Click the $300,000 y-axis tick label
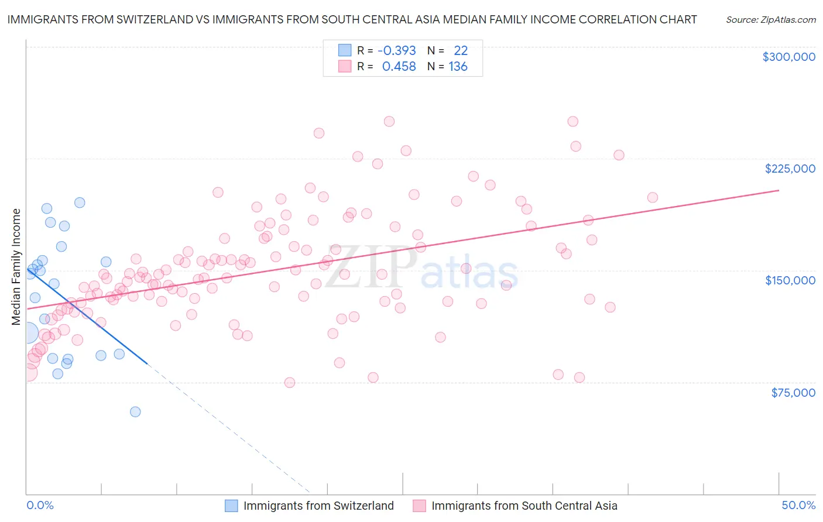788,57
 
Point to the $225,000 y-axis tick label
790,169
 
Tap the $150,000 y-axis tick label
790,280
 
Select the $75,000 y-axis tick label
793,393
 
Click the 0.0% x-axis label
40,505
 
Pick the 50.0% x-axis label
798,505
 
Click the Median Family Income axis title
16,267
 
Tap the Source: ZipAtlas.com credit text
770,19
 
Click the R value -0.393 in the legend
397,51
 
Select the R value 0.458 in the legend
399,67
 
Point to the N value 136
458,67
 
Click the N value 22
461,51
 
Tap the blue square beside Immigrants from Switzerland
232,506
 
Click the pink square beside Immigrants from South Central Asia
419,506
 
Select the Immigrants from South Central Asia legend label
524,506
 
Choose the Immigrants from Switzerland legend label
318,506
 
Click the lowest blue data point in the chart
135,411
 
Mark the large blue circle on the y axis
27,334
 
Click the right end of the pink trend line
779,190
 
